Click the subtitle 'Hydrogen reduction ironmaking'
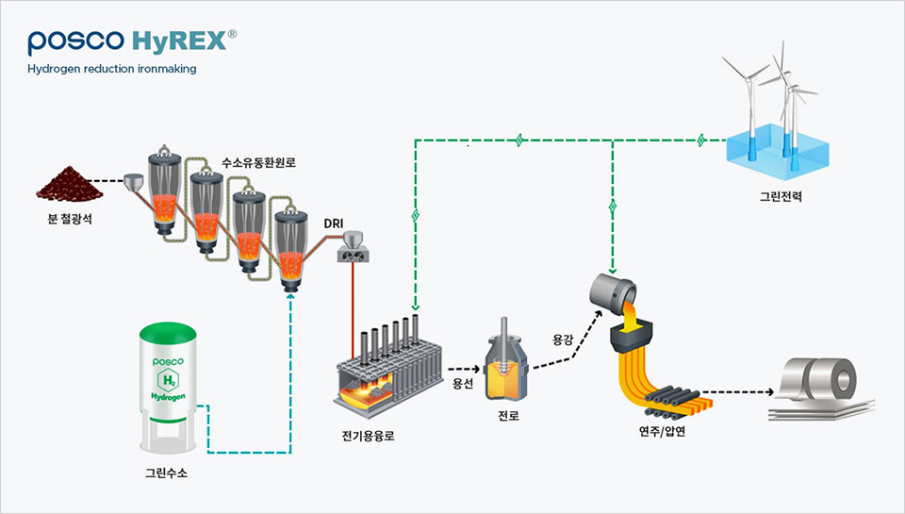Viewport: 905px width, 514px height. point(111,69)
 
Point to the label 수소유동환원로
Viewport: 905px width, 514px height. point(258,162)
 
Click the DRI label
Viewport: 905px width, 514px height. point(333,223)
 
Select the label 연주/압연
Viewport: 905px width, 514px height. point(660,434)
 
